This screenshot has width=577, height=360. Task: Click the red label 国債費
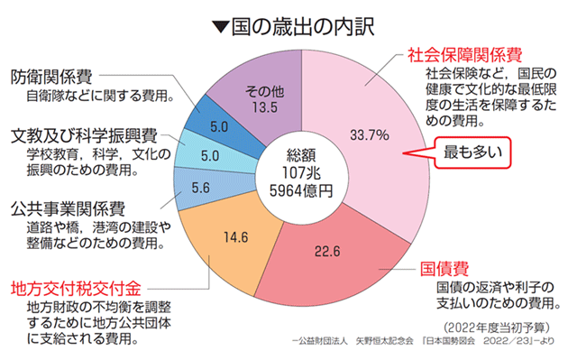click(x=446, y=268)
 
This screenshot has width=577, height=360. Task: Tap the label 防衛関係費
click(x=55, y=76)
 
